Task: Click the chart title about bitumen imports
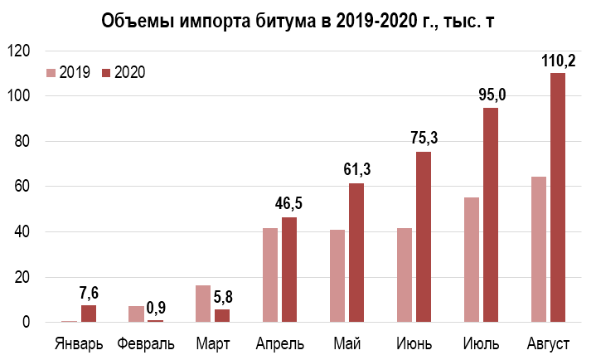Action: pos(298,20)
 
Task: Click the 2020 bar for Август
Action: pos(557,197)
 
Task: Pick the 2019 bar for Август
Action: pos(539,249)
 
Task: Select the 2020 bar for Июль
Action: pos(490,214)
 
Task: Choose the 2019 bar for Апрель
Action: pos(270,275)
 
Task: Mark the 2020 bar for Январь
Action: pos(88,313)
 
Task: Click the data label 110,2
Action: pos(557,60)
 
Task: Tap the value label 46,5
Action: pos(288,203)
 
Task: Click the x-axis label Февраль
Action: pos(146,343)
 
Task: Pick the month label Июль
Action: pos(481,343)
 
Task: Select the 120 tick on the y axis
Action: pos(19,51)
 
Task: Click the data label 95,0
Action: pos(492,95)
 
